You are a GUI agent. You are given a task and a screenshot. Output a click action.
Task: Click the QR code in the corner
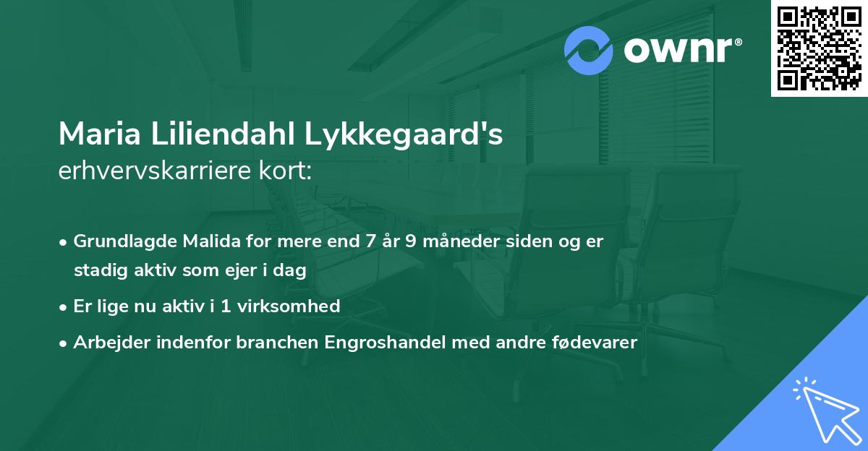820,48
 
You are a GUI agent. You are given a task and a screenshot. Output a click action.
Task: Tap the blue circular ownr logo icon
589,51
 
